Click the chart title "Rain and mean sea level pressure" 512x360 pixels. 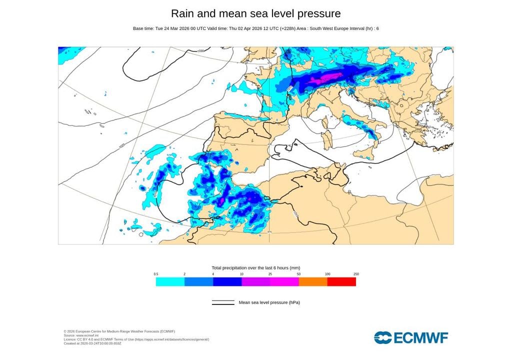pos(255,13)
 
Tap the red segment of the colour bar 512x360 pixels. pos(341,282)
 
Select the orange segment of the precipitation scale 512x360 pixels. pos(313,282)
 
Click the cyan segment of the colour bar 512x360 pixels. pos(170,282)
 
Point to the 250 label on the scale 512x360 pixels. pos(356,274)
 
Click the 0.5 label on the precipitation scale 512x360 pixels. pos(156,274)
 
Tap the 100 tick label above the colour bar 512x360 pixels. pos(327,274)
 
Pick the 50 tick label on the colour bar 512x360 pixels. pos(299,274)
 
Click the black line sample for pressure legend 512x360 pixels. pos(223,302)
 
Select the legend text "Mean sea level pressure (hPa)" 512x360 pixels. pos(269,302)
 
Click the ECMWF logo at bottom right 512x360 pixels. pos(411,337)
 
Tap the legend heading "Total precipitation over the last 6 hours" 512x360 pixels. pos(255,268)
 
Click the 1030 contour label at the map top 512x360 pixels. pos(201,51)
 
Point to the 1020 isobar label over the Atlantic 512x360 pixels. pos(122,146)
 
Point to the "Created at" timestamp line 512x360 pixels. pos(92,343)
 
